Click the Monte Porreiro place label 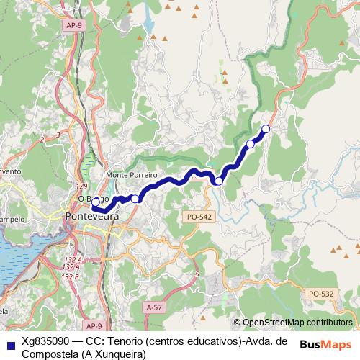(x=126, y=175)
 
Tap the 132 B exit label (x=70, y=276)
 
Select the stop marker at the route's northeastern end (x=266, y=129)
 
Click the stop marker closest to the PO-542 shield (x=218, y=181)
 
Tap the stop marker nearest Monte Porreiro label (x=135, y=198)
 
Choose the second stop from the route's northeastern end (x=251, y=144)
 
